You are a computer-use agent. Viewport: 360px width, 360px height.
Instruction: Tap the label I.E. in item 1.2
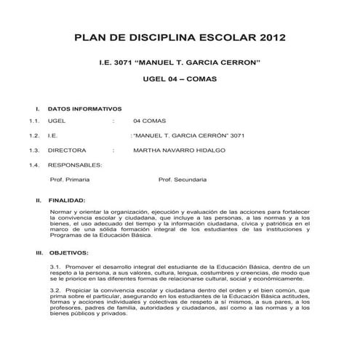(x=52, y=136)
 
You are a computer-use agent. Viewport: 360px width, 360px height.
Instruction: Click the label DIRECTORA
(x=65, y=150)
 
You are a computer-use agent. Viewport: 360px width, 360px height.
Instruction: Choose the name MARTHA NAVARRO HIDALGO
(x=179, y=150)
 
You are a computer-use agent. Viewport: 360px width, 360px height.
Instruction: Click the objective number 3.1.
(x=55, y=268)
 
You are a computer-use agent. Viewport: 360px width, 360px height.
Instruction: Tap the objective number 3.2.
(x=55, y=290)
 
